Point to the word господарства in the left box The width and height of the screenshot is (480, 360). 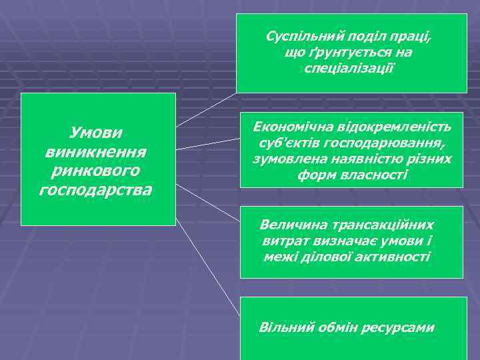(97, 191)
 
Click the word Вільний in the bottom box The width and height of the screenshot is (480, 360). (280, 328)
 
